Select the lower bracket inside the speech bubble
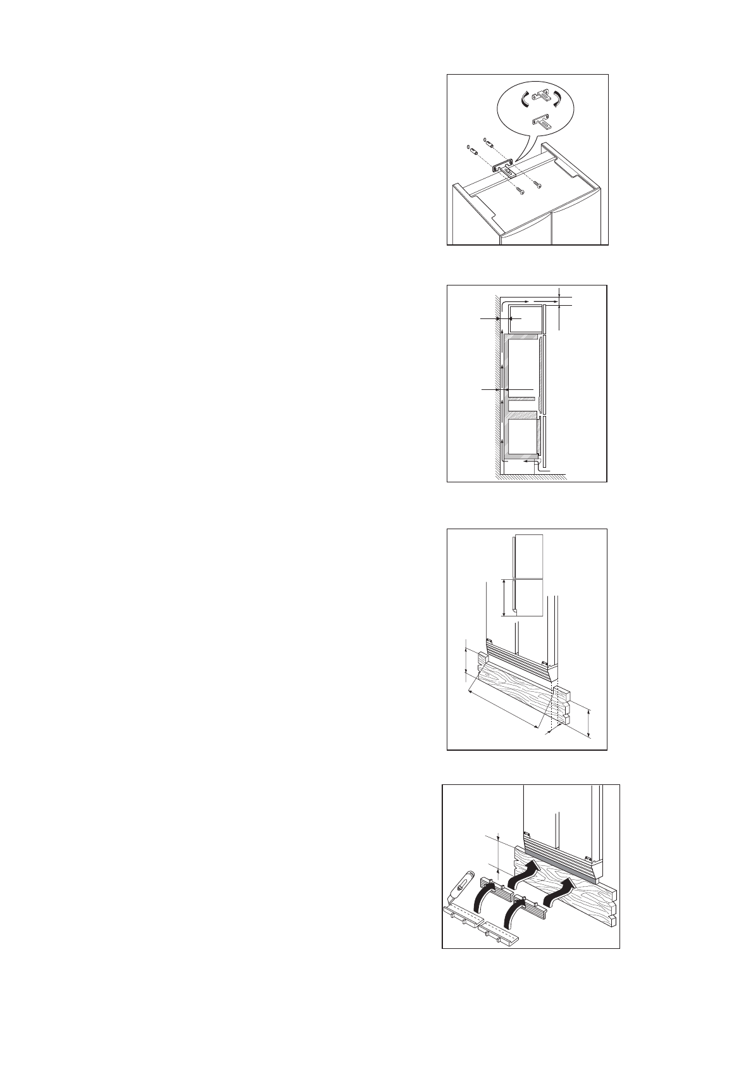click(x=542, y=120)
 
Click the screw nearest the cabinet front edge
click(x=520, y=191)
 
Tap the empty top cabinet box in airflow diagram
click(x=522, y=319)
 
